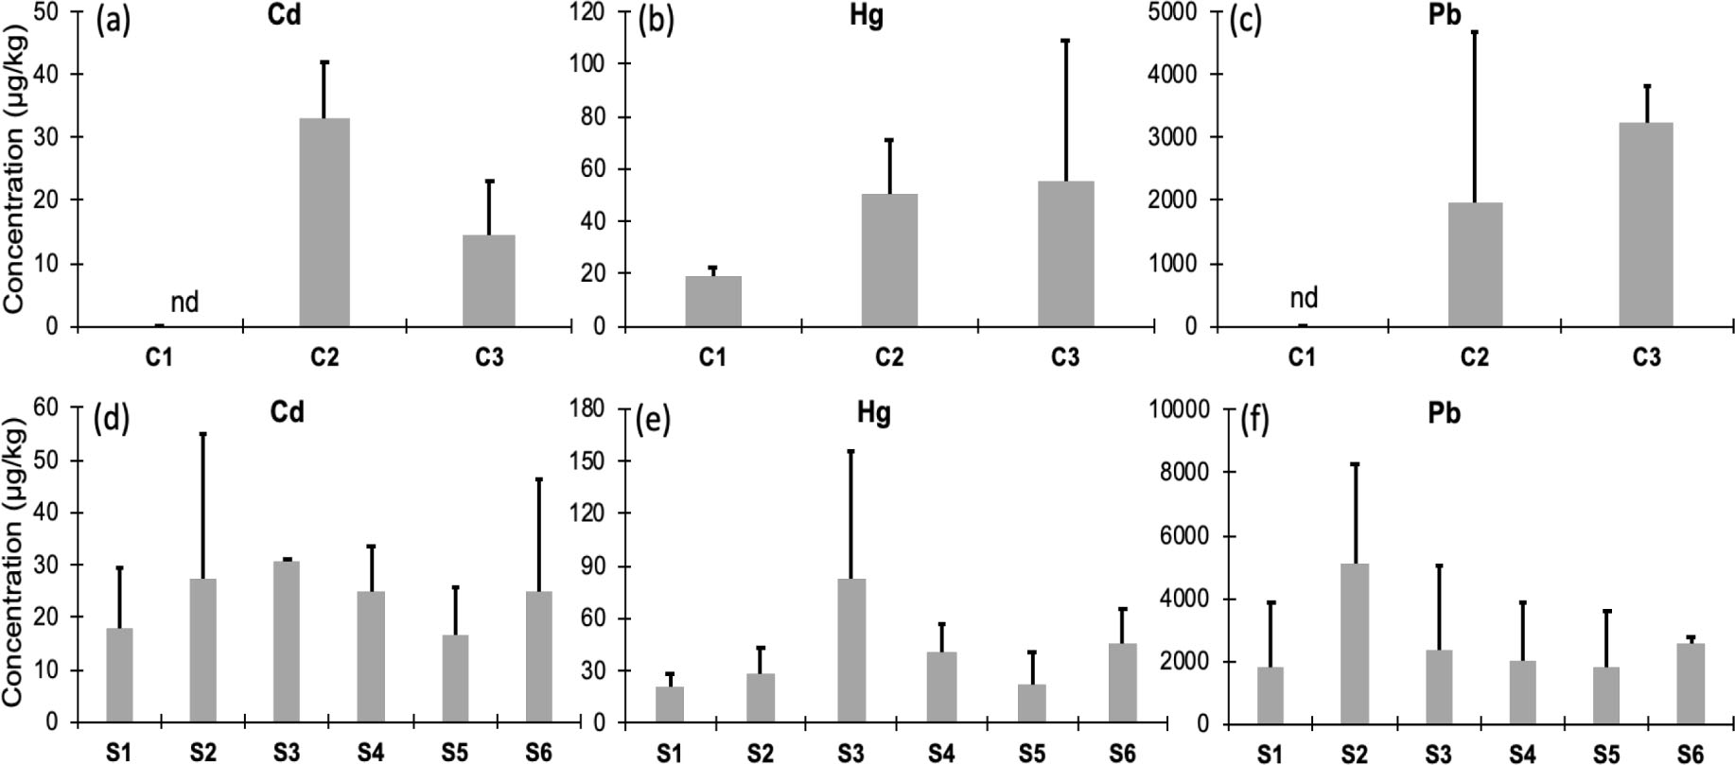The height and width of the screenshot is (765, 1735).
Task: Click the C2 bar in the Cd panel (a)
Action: click(x=324, y=222)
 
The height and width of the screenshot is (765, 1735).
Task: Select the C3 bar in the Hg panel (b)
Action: click(x=1065, y=253)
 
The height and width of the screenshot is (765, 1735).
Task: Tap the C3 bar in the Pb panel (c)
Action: click(x=1646, y=224)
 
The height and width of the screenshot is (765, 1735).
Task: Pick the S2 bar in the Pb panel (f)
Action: click(x=1355, y=643)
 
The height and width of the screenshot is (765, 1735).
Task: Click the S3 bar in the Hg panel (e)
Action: click(x=850, y=651)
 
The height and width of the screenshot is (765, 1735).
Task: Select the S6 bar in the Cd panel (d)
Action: click(x=538, y=656)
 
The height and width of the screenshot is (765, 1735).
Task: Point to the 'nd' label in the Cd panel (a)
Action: click(x=184, y=303)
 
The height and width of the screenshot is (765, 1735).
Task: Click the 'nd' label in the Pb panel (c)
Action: click(x=1304, y=299)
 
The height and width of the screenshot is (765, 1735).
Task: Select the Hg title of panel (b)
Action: click(x=867, y=17)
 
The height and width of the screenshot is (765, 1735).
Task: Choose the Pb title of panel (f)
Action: click(x=1445, y=414)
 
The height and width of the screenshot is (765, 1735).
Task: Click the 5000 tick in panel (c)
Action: click(x=1176, y=12)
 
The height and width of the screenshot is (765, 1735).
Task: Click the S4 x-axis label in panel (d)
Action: click(x=371, y=753)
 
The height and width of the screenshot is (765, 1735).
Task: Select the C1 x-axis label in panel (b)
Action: click(x=712, y=357)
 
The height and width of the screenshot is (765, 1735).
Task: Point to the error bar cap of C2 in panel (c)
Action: click(x=1475, y=32)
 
